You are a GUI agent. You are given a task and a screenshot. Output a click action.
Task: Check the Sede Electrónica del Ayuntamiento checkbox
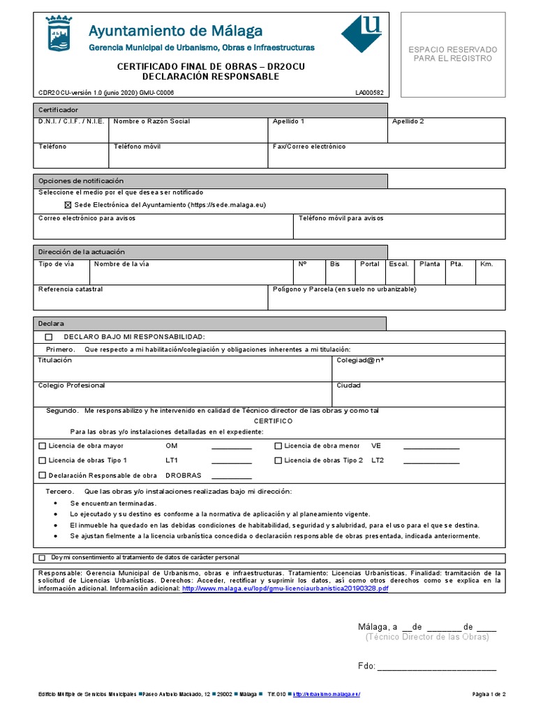pos(68,205)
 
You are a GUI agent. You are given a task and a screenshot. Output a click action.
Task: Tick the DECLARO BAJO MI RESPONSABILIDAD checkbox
pos(49,337)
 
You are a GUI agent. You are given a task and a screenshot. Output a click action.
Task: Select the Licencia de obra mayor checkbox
pos(43,446)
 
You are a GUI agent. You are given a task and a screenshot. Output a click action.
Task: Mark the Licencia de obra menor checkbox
pos(278,446)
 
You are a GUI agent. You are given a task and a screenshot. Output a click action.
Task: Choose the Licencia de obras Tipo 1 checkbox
pos(43,460)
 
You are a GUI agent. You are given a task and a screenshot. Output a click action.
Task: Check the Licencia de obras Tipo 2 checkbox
pos(278,460)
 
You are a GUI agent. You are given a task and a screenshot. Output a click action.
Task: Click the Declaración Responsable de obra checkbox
pos(43,476)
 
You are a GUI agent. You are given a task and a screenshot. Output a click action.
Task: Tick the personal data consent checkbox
pos(43,558)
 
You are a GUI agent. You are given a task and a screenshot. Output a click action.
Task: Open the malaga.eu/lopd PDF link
pos(285,588)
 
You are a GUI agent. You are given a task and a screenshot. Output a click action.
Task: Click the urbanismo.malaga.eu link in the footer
pos(327,694)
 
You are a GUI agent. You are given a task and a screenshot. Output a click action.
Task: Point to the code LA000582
pos(369,92)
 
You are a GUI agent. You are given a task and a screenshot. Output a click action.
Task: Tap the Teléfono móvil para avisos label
pos(341,218)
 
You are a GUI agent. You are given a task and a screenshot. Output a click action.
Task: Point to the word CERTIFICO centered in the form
pos(273,421)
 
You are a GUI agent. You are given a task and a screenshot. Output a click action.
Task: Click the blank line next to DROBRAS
pos(231,476)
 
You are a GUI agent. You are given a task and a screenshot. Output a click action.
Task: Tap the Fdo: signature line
pos(436,667)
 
